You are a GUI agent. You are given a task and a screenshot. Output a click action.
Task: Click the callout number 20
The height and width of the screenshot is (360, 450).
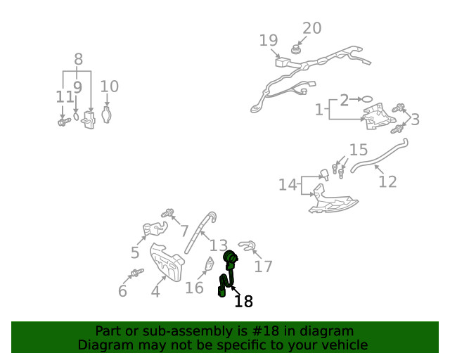click(312, 28)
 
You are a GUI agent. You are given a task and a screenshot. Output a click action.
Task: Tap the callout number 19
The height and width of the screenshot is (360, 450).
click(269, 40)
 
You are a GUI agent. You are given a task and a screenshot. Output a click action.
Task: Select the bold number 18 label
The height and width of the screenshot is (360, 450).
click(244, 301)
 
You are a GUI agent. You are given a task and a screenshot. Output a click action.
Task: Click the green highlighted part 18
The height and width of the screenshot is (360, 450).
click(229, 273)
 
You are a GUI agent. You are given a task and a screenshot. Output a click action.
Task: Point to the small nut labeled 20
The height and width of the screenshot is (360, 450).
click(295, 50)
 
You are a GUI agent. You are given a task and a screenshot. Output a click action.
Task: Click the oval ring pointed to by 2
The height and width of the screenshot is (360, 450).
click(367, 99)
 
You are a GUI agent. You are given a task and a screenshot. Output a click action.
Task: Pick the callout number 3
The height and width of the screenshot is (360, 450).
click(415, 120)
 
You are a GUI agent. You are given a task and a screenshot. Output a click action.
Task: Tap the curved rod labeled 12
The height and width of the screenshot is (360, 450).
click(379, 155)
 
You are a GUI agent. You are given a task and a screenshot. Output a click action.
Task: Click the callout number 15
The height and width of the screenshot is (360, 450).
click(359, 150)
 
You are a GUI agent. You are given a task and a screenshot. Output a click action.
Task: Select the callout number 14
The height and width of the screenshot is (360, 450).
click(288, 184)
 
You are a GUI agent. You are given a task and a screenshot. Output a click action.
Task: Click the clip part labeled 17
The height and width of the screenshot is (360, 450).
click(247, 245)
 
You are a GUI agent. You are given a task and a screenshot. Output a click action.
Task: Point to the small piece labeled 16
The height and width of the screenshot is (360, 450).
click(210, 264)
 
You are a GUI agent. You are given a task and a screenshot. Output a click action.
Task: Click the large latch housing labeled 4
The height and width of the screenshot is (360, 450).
click(167, 262)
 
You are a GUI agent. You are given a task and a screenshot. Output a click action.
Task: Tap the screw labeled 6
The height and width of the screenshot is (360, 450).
click(137, 272)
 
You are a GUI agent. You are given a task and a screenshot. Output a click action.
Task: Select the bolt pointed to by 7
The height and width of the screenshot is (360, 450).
click(167, 213)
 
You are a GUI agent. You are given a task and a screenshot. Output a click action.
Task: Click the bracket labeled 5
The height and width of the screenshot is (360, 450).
click(155, 229)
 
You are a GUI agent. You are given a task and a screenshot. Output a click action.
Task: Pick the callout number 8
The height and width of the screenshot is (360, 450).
click(78, 60)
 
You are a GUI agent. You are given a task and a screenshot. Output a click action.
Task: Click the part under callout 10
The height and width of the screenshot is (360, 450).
click(106, 115)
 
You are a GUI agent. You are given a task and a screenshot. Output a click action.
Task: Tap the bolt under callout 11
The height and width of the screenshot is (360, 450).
click(64, 122)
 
